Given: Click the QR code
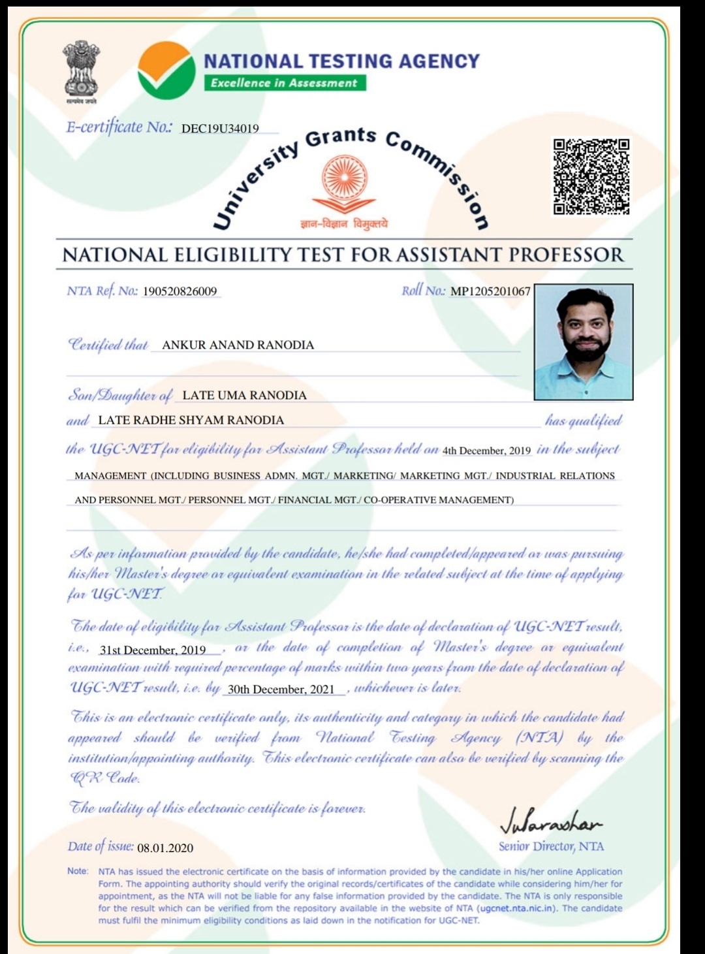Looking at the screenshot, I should [x=591, y=176].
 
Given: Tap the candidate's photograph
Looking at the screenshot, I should [x=583, y=342].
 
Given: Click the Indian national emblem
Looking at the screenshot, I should [x=81, y=71].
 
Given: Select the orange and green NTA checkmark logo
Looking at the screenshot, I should [x=166, y=71].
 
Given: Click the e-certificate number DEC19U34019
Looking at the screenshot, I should [x=220, y=129].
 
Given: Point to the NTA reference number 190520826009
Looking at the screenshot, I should [x=180, y=291].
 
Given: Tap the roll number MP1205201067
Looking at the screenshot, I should [x=490, y=291].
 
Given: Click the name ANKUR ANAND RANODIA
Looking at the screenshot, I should [x=238, y=345].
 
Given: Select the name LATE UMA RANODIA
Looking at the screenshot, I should [x=244, y=395].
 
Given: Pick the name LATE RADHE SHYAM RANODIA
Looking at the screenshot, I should [x=191, y=420].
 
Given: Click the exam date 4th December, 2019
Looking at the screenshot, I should [x=486, y=451].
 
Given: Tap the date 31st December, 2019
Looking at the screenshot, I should [x=153, y=650].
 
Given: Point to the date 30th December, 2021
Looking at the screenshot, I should [x=281, y=690].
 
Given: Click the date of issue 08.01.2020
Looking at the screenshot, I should [x=165, y=848].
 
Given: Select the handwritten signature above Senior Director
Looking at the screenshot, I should [x=550, y=825].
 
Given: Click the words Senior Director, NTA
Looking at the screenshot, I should [x=551, y=846].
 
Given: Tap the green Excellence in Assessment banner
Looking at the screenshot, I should [x=284, y=83].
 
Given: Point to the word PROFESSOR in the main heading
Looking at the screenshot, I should [x=566, y=255].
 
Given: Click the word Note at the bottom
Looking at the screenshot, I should [x=78, y=871].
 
